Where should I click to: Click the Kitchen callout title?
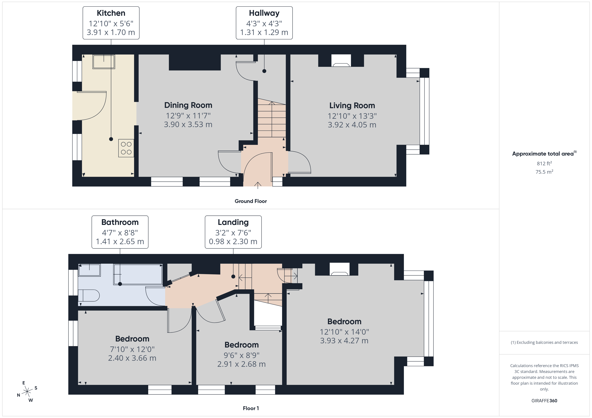pos(111,13)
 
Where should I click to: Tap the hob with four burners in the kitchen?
pos(126,148)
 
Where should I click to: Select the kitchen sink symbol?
pos(104,62)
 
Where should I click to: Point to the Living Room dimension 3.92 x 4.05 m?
pos(352,125)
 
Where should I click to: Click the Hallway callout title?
pos(264,13)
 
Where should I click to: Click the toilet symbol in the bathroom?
pos(88,295)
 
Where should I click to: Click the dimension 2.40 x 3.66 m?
pos(132,358)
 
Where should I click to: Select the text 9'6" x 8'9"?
pos(241,355)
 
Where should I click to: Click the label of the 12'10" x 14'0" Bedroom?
pos(344,322)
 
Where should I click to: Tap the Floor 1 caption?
pos(251,408)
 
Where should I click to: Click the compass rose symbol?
pos(27,392)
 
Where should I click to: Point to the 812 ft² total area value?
pos(544,163)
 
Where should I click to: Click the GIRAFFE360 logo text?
pos(544,401)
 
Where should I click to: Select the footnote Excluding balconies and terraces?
pos(544,342)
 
